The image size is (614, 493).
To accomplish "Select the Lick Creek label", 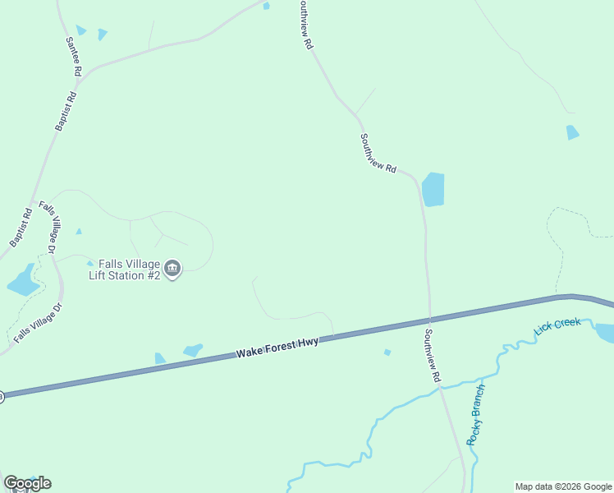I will pos(557,325).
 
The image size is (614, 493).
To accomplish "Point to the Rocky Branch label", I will pos(477,414).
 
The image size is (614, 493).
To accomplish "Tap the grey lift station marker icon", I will pos(172,269).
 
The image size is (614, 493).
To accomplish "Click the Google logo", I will pos(27,482).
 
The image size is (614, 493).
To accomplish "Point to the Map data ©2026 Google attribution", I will pos(564,486).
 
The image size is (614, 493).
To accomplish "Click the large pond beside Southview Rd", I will pos(433,190).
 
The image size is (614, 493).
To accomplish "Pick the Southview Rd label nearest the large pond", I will pos(378,154).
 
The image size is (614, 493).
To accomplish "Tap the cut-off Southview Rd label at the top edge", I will pos(305,25).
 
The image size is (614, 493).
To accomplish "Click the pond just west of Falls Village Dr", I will pos(23,282).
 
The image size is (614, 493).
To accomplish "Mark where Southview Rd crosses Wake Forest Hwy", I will pos(429,318).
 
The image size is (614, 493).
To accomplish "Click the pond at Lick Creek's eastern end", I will pos(605,333).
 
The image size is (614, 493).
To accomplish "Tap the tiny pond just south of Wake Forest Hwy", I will pos(387,352).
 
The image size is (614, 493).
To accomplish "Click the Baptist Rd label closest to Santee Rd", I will pos(66,110).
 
